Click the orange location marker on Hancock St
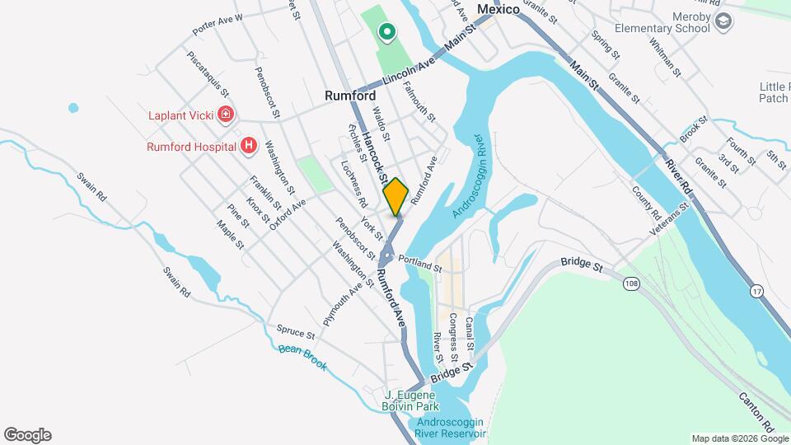395,196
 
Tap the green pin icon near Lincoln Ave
386,33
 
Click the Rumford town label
350,96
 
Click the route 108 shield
631,283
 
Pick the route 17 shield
756,292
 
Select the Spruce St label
296,331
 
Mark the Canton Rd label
756,412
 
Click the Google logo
27,434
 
